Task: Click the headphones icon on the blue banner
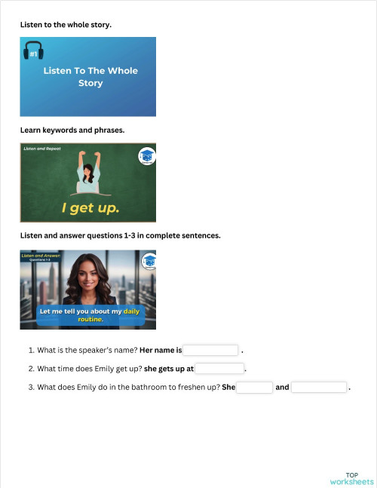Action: [33, 51]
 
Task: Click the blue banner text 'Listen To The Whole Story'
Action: [90, 76]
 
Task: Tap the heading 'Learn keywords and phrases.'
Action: [72, 130]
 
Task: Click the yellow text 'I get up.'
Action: [90, 207]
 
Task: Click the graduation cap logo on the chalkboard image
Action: [146, 157]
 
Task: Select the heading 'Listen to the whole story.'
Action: [66, 25]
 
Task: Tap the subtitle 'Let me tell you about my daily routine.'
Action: [89, 315]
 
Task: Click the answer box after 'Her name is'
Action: [210, 350]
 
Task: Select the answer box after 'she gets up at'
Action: [219, 369]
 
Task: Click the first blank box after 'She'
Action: [255, 387]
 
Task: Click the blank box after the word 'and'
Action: [318, 387]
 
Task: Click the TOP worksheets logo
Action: [351, 478]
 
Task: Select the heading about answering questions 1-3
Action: [121, 235]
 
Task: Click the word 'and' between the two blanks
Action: [282, 388]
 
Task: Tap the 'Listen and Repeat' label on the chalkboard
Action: [42, 149]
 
